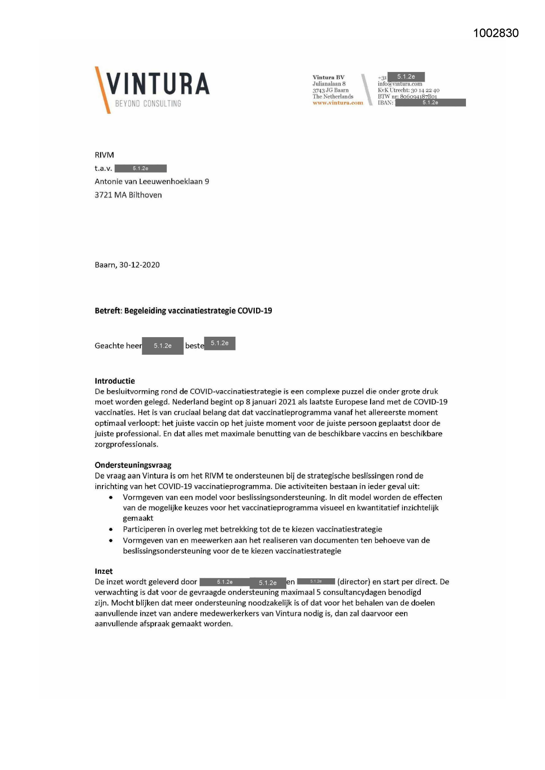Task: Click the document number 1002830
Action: (496, 33)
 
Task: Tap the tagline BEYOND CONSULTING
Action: (148, 104)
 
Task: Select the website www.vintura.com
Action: (338, 103)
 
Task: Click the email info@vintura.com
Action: (400, 84)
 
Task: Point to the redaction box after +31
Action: (406, 77)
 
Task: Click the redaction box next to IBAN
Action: (430, 103)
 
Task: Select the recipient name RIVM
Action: (104, 155)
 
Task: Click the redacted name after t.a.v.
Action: (141, 169)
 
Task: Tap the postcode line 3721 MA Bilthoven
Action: (128, 195)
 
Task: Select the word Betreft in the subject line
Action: (107, 311)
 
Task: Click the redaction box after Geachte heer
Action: (162, 346)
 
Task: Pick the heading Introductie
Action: (115, 381)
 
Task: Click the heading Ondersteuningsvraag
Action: (133, 465)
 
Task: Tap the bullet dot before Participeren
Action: (111, 530)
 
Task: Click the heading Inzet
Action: (104, 571)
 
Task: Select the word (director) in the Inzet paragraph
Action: (354, 582)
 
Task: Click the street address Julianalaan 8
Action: (329, 84)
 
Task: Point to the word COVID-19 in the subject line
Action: (255, 311)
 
